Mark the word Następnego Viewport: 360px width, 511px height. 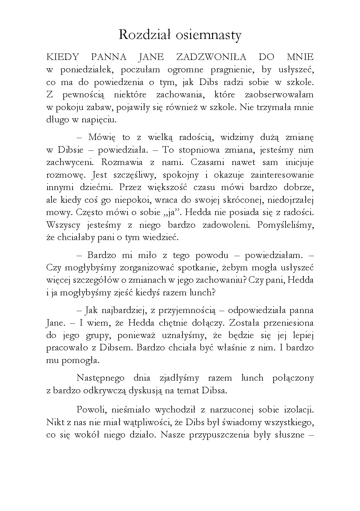pyautogui.click(x=100, y=378)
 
